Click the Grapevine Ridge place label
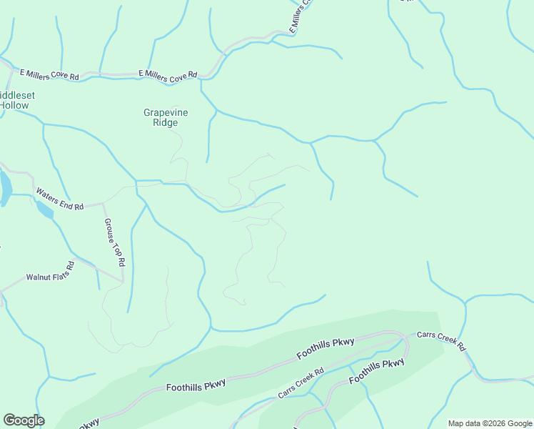click(x=160, y=117)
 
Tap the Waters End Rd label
click(x=59, y=199)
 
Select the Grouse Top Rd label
click(x=114, y=242)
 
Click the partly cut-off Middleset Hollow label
click(x=16, y=100)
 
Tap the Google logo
click(x=24, y=420)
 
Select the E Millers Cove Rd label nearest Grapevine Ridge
click(x=168, y=74)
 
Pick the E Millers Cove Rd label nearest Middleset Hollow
click(x=49, y=74)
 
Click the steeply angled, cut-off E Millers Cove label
click(x=301, y=16)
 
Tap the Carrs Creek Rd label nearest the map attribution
click(x=440, y=341)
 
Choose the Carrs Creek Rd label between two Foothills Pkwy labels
click(x=301, y=383)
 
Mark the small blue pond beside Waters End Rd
click(x=44, y=209)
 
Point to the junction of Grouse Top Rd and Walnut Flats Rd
click(x=123, y=281)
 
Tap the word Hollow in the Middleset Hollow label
click(x=14, y=106)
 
